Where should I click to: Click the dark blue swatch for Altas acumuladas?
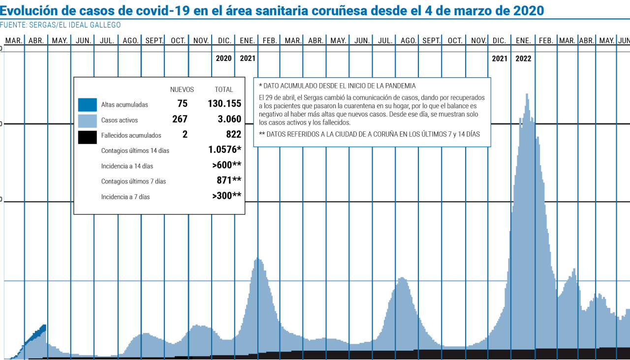[87, 105]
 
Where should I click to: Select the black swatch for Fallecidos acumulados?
[87, 137]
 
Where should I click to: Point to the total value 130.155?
[221, 104]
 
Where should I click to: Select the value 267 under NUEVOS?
[180, 119]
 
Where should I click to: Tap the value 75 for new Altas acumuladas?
[183, 104]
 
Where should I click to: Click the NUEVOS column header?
[182, 90]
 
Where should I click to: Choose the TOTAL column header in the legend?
[224, 90]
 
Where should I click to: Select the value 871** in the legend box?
[229, 180]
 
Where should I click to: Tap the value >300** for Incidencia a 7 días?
[226, 196]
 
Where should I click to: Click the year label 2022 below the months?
[523, 59]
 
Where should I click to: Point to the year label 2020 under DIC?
[223, 59]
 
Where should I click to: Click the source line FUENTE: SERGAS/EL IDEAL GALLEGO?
[60, 25]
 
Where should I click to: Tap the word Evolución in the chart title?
[29, 10]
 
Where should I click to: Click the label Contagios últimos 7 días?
[133, 181]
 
